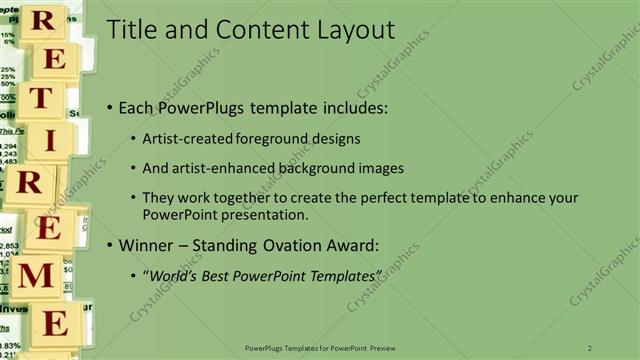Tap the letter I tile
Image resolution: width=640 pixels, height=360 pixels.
[48, 140]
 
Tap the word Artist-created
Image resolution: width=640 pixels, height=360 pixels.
[188, 138]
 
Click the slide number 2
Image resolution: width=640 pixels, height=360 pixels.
[588, 347]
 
